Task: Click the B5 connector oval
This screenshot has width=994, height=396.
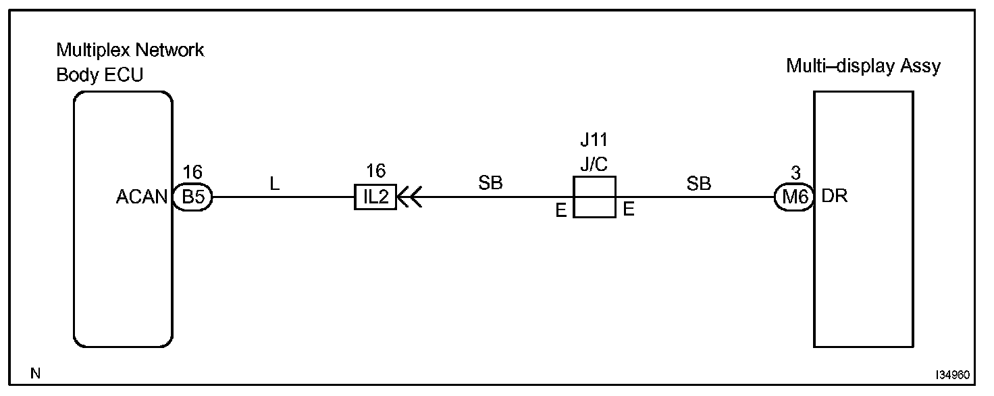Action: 192,197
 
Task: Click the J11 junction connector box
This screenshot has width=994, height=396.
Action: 594,197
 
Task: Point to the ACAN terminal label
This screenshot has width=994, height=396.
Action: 142,197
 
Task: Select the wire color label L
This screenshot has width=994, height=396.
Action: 274,184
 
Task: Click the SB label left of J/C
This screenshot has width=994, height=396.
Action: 491,184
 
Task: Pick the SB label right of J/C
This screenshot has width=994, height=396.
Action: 699,184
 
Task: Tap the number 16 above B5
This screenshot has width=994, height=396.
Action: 192,173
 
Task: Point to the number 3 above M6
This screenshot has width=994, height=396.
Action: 795,173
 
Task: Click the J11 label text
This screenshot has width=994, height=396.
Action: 594,141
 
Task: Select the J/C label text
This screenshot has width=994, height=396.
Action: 594,164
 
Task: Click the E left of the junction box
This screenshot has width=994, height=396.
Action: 560,210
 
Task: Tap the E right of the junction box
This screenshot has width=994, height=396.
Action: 629,210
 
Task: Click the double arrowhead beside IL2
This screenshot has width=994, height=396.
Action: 409,197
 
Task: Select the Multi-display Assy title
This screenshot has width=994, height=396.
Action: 863,66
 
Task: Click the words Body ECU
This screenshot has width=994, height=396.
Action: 99,75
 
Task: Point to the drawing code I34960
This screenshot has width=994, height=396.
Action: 953,374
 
